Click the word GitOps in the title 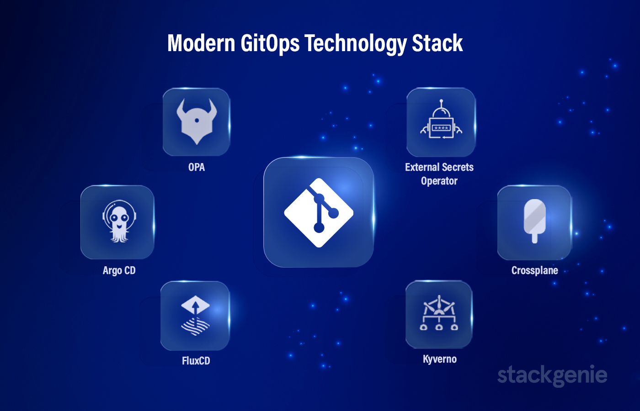270,43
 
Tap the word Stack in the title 437,43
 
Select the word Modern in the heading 201,43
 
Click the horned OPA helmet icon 197,121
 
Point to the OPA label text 197,167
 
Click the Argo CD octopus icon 119,221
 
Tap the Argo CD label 119,270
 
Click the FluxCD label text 196,361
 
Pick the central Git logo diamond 319,213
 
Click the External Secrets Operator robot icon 441,119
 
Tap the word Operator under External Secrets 439,181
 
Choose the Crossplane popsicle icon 534,221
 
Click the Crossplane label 534,270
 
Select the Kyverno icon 439,313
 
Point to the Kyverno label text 440,359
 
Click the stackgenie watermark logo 552,375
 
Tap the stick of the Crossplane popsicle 534,238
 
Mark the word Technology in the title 356,43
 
